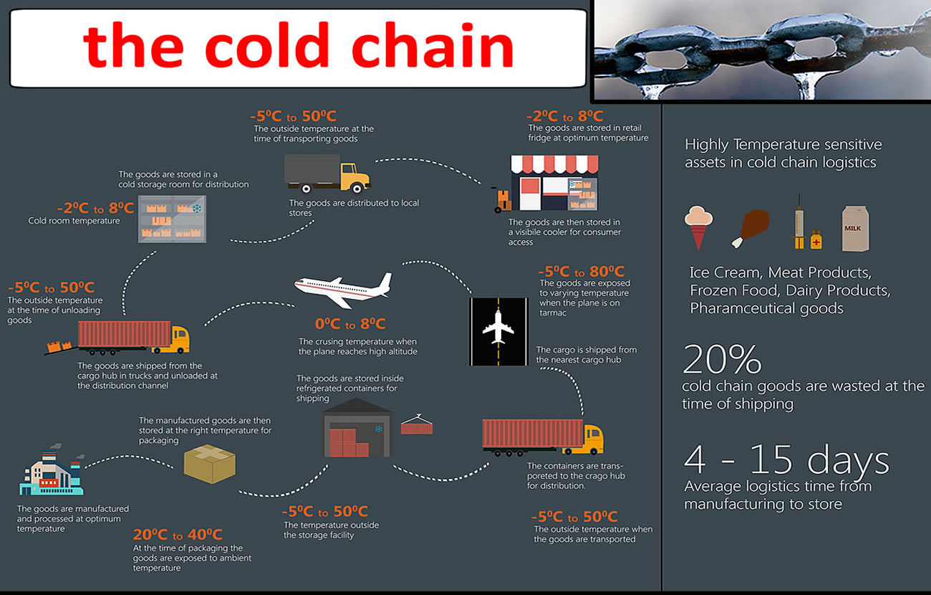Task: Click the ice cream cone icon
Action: pyautogui.click(x=699, y=227)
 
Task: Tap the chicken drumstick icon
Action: pyautogui.click(x=751, y=228)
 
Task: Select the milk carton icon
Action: pyautogui.click(x=855, y=229)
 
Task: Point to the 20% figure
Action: pyautogui.click(x=722, y=359)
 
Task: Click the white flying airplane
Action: pyautogui.click(x=343, y=290)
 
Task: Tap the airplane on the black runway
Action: pyautogui.click(x=498, y=327)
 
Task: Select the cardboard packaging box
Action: pyautogui.click(x=209, y=464)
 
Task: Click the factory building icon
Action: pyautogui.click(x=52, y=471)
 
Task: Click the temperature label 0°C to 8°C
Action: pyautogui.click(x=350, y=324)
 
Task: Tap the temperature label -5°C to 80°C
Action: pyautogui.click(x=581, y=271)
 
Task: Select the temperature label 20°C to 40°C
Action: pyautogui.click(x=178, y=534)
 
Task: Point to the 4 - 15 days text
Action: pyautogui.click(x=786, y=460)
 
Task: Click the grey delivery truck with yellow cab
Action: pyautogui.click(x=327, y=173)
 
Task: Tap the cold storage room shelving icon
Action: pyautogui.click(x=172, y=219)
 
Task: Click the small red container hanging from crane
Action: pyautogui.click(x=417, y=425)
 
